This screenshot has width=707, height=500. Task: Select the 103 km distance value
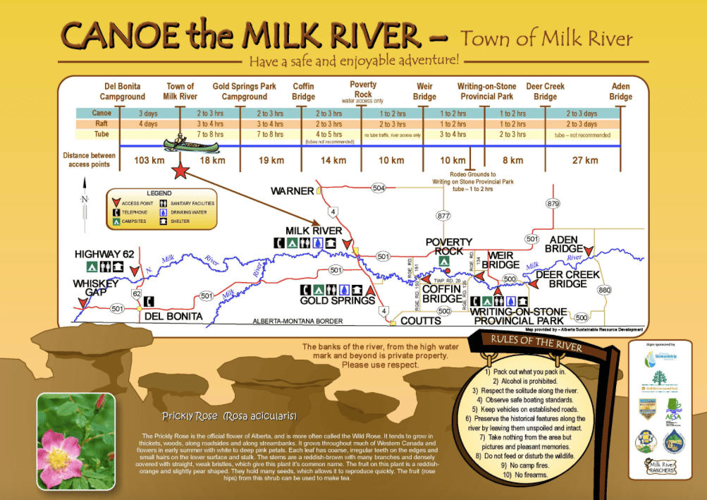[149, 160]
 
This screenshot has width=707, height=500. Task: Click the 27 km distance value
[586, 160]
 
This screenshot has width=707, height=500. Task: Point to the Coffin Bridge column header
[304, 92]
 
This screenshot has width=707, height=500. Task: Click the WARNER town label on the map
[293, 190]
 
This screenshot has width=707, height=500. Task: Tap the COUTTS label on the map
[421, 321]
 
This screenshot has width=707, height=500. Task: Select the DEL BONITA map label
[173, 317]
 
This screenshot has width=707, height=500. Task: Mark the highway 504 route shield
[379, 188]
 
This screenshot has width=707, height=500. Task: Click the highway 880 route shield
[604, 290]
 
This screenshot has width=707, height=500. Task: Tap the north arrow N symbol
[85, 200]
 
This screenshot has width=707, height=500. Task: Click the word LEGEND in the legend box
[159, 193]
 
